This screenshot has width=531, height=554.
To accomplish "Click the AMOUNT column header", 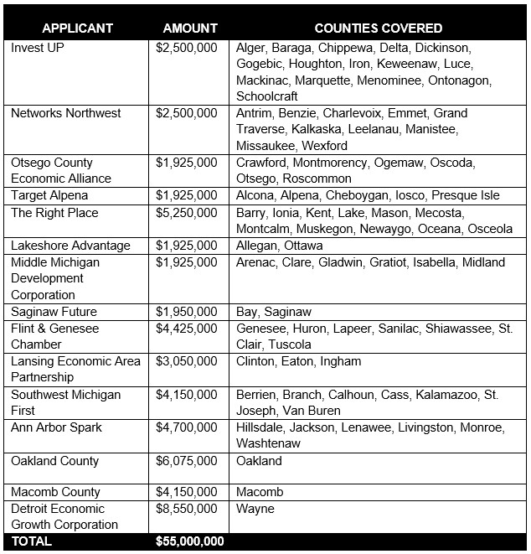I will tap(190, 28).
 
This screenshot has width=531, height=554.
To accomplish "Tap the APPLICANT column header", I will tap(77, 28).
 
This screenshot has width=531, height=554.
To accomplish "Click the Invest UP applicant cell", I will tap(38, 48).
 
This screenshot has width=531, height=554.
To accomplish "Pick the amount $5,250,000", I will tap(187, 213).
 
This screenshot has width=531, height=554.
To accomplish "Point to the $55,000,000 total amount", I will tap(190, 541).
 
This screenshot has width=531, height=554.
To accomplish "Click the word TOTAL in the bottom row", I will tap(31, 541).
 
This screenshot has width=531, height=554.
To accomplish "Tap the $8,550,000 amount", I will tap(187, 509).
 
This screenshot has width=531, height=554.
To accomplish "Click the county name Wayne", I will tap(255, 509).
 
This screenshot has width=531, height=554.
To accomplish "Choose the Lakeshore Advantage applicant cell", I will tap(70, 246).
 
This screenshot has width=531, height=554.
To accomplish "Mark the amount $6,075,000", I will tap(187, 461).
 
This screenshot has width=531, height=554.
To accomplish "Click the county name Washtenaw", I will tap(269, 444).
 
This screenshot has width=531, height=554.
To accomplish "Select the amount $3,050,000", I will tap(187, 361).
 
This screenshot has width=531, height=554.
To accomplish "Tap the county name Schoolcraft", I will tap(268, 96).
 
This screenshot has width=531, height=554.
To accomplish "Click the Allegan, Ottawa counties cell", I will tap(279, 246).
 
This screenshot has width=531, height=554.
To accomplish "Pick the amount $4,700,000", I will tap(187, 427).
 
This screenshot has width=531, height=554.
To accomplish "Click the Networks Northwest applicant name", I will tap(66, 113).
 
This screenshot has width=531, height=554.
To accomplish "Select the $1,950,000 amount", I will tap(187, 312).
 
